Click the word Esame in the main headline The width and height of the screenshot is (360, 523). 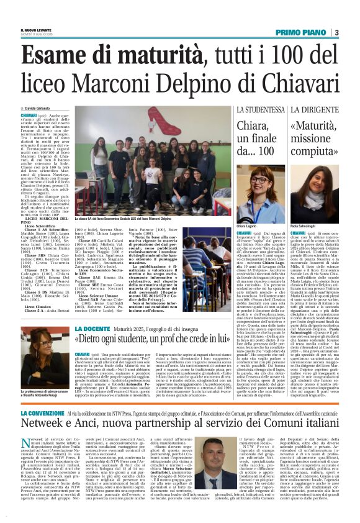click(x=59, y=56)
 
